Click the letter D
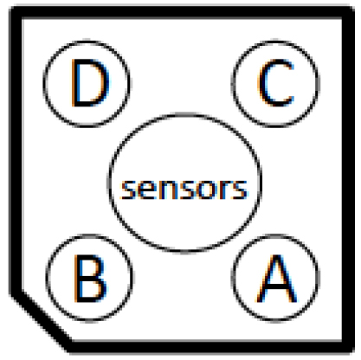90,83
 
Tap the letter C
276,82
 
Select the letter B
90,279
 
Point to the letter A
276,279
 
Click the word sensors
184,190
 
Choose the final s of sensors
240,190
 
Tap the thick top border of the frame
182,12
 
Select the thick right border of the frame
348,179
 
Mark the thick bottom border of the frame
212,347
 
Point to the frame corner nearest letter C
350,10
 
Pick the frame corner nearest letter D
14,10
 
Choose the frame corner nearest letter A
350,349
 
